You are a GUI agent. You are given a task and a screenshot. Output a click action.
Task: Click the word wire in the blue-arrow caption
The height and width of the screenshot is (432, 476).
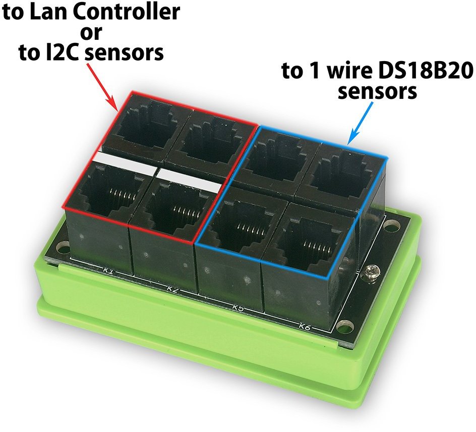tap(343, 72)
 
